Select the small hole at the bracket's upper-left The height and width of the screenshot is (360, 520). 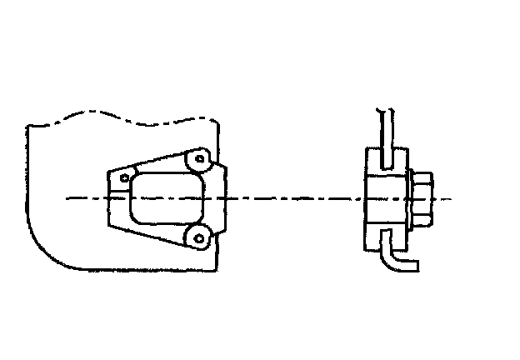(124, 177)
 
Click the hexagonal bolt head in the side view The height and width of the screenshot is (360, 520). (422, 199)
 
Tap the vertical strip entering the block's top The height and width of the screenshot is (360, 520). (385, 133)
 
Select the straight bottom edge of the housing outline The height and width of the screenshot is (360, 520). (142, 272)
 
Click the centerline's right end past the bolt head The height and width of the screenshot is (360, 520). (447, 199)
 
